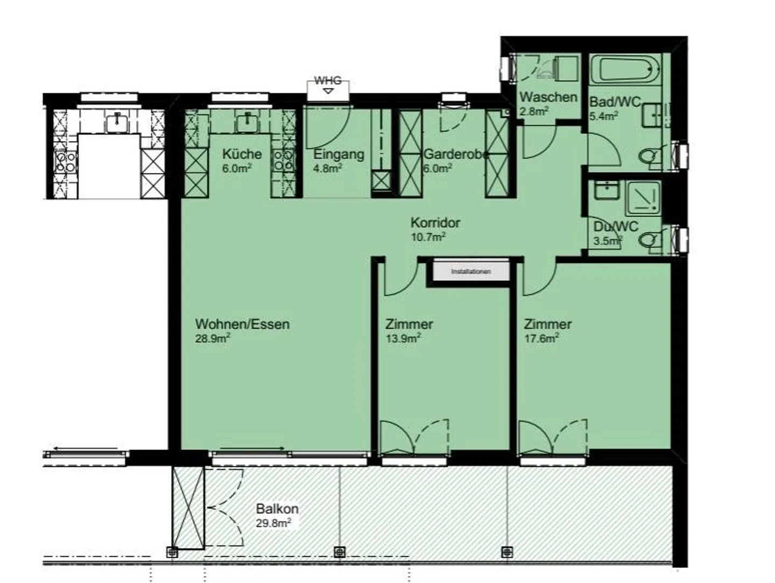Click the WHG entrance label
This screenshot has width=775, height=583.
[327, 81]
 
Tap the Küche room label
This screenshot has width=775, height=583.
[242, 154]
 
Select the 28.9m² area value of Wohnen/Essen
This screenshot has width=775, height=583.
[213, 339]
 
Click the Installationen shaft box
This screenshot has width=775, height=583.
[470, 272]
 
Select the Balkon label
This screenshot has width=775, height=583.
[277, 509]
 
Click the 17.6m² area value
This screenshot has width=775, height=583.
[541, 339]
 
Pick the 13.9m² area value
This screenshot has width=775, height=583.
[403, 339]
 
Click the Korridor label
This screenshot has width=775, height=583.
[435, 222]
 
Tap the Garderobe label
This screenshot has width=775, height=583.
[456, 154]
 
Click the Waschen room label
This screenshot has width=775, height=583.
[548, 97]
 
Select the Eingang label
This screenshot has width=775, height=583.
[339, 154]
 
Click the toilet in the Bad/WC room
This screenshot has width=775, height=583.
[650, 157]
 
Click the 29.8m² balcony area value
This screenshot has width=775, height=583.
[273, 523]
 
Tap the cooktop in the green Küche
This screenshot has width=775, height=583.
[283, 159]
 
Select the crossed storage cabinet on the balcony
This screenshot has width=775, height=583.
[188, 508]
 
